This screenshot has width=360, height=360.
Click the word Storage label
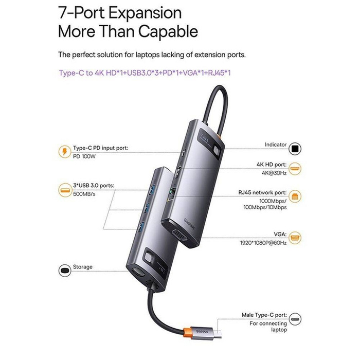(x=83, y=267)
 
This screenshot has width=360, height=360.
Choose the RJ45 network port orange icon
(x=295, y=196)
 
